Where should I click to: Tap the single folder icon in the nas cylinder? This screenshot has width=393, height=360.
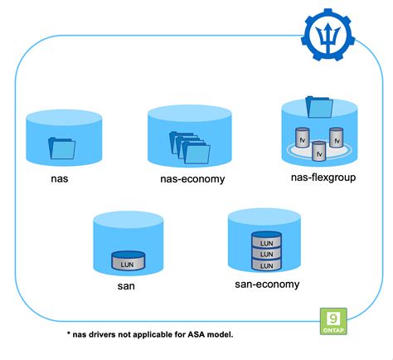pos(61,148)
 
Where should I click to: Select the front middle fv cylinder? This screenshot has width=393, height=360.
pos(319,150)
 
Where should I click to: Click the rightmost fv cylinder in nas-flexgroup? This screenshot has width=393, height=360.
pos(337,137)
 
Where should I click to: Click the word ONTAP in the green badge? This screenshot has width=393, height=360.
pos(333,331)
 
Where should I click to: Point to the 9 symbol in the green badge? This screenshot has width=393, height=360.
pos(333,318)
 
